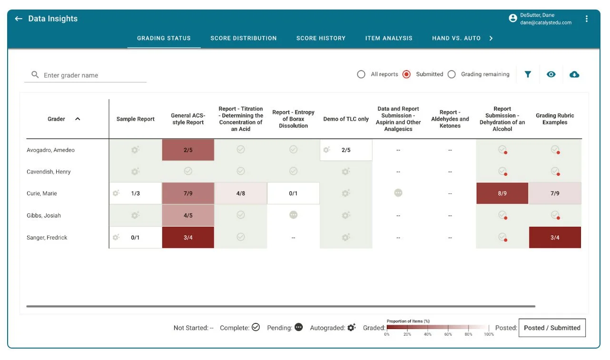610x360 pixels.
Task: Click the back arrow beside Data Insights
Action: point(19,19)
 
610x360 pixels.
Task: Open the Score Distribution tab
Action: point(243,38)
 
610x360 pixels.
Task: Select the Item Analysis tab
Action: point(389,38)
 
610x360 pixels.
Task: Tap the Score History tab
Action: point(321,38)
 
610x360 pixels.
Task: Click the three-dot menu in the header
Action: point(587,19)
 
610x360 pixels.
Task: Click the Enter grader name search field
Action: point(90,75)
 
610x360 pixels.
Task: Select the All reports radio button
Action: point(361,74)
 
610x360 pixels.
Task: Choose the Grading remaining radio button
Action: point(452,74)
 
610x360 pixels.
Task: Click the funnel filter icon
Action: point(528,74)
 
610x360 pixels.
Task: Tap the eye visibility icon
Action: point(551,74)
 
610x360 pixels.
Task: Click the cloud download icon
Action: point(574,74)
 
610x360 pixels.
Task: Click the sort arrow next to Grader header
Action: point(78,119)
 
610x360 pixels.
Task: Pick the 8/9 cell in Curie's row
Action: point(502,193)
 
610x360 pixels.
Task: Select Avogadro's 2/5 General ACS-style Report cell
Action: point(188,150)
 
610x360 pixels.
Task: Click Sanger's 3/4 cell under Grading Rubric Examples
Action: point(555,238)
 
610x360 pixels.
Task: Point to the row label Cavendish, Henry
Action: point(49,172)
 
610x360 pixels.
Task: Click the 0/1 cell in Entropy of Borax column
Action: point(293,193)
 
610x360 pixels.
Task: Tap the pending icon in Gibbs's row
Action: point(293,215)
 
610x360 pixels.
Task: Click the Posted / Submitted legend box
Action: point(552,328)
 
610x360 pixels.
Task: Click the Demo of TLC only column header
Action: point(346,119)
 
